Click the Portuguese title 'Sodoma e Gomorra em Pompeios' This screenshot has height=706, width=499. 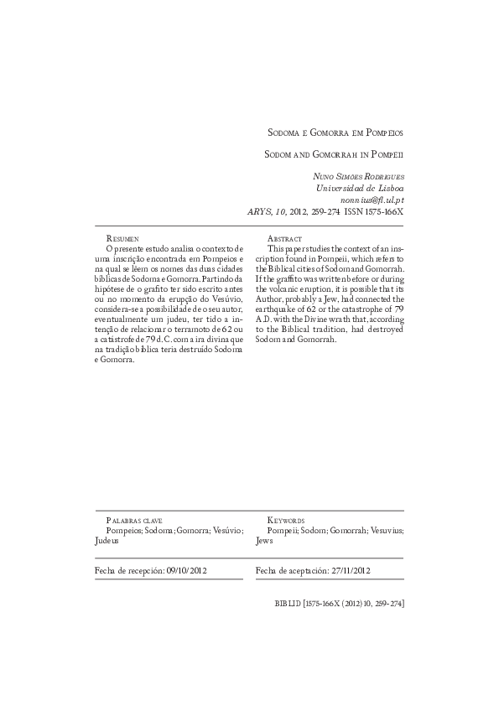[335, 132]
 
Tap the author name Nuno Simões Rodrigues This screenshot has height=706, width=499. [357, 176]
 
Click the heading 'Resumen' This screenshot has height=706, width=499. [123, 239]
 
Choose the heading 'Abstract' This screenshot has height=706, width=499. [286, 239]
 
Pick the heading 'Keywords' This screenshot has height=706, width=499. [286, 521]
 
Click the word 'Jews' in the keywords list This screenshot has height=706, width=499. [263, 542]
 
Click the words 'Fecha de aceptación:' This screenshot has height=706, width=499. [286, 570]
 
